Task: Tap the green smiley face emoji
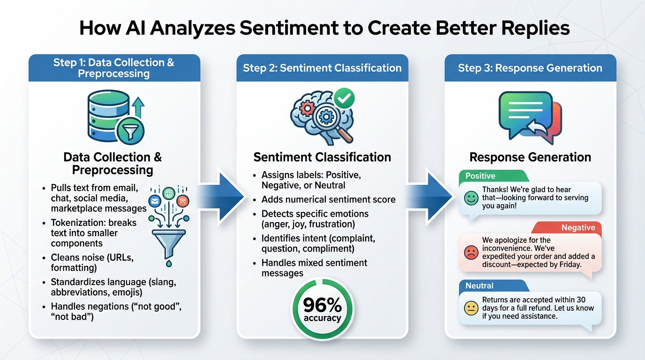[x=471, y=198]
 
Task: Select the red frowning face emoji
[x=471, y=253]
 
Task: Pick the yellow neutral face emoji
[x=471, y=308]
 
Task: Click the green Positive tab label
[x=480, y=176]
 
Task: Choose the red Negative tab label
[x=578, y=227]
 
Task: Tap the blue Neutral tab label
[x=480, y=285]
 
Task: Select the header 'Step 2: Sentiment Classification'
[x=322, y=68]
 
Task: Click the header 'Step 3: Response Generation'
[x=530, y=68]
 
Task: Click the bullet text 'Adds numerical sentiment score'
[x=328, y=199]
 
